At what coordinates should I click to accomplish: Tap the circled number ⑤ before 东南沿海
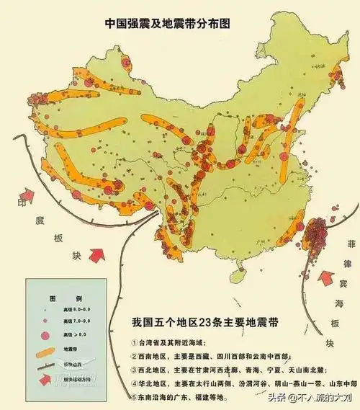(x=136, y=397)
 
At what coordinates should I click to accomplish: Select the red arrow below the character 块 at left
(x=95, y=253)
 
